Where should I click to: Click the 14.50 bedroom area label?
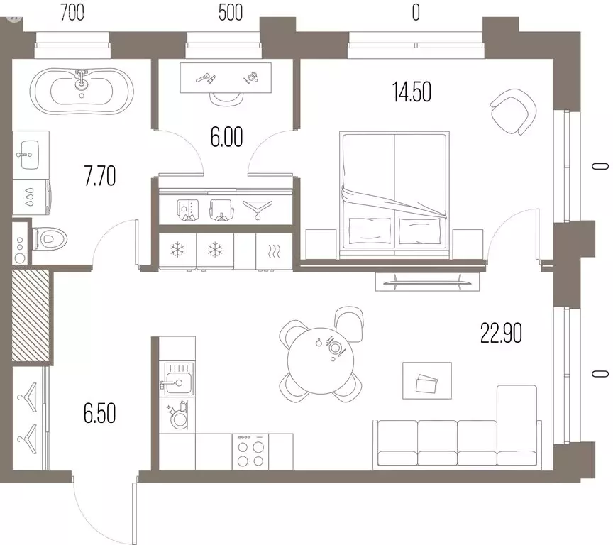pyautogui.click(x=412, y=92)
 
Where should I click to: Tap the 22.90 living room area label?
pyautogui.click(x=501, y=334)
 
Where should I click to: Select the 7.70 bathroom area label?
pyautogui.click(x=100, y=176)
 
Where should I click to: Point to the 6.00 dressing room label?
pyautogui.click(x=226, y=137)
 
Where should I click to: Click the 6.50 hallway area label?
pyautogui.click(x=100, y=414)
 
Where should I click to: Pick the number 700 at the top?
pyautogui.click(x=72, y=13)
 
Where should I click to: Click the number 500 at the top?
pyautogui.click(x=231, y=13)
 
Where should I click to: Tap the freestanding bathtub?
pyautogui.click(x=82, y=92)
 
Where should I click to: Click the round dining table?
pyautogui.click(x=321, y=361)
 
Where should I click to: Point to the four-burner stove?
pyautogui.click(x=250, y=451)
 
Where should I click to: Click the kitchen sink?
pyautogui.click(x=178, y=378)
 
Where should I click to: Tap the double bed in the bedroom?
pyautogui.click(x=394, y=194)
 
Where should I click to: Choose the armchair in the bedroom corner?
pyautogui.click(x=513, y=111)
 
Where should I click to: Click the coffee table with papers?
pyautogui.click(x=427, y=380)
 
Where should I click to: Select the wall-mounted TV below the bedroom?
pyautogui.click(x=427, y=281)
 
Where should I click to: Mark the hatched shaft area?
pyautogui.click(x=31, y=315)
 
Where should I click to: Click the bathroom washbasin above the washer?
pyautogui.click(x=30, y=155)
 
